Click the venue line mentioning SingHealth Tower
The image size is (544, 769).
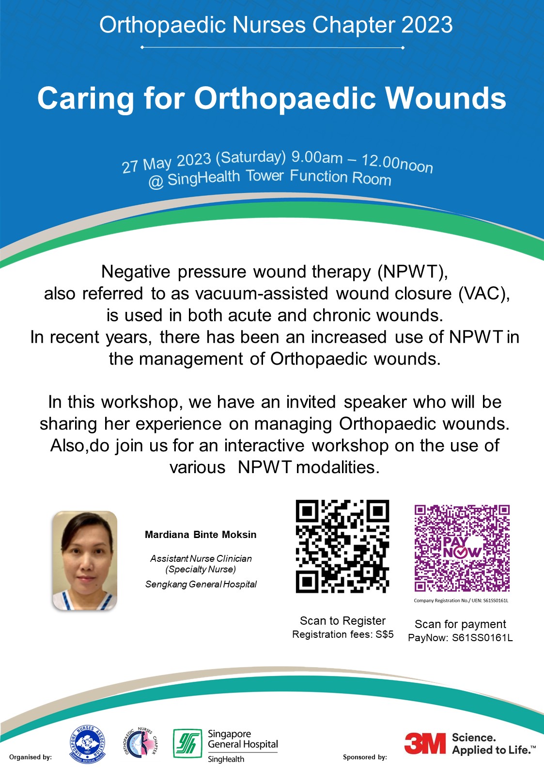pyautogui.click(x=270, y=178)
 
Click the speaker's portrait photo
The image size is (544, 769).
pyautogui.click(x=85, y=560)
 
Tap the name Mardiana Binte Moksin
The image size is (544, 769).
pyautogui.click(x=201, y=535)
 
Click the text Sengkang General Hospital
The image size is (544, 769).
pyautogui.click(x=201, y=584)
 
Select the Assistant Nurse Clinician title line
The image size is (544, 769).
pyautogui.click(x=201, y=558)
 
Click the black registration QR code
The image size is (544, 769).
pyautogui.click(x=342, y=546)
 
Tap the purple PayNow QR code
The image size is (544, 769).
pyautogui.click(x=462, y=548)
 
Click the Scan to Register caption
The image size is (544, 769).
pyautogui.click(x=342, y=621)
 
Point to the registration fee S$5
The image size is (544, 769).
pyautogui.click(x=385, y=634)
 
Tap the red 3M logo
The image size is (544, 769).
pyautogui.click(x=425, y=743)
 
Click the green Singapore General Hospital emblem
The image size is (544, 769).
pyautogui.click(x=187, y=743)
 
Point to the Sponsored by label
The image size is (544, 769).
pyautogui.click(x=365, y=757)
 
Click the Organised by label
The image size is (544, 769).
pyautogui.click(x=30, y=757)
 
